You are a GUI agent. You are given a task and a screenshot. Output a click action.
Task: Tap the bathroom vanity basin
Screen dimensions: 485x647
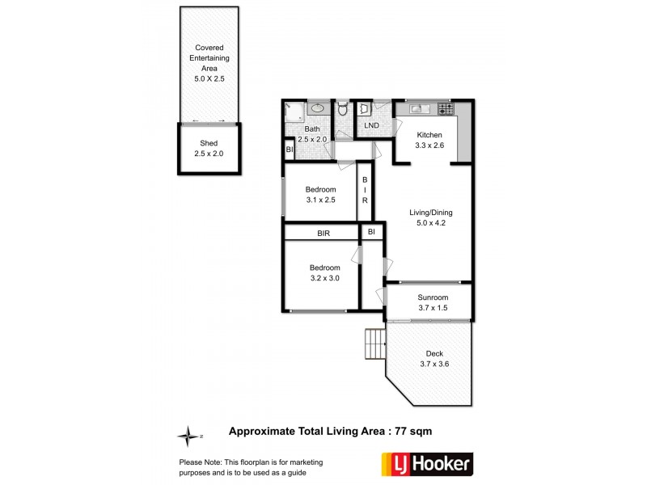[316, 108]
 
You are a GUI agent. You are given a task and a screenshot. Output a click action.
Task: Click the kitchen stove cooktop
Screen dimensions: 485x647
[444, 108]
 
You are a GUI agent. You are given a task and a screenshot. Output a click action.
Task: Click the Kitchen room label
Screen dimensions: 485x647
[429, 134]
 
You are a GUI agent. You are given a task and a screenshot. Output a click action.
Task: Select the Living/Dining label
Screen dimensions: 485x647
[426, 214]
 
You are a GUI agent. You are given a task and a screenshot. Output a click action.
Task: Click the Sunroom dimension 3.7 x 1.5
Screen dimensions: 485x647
[426, 308]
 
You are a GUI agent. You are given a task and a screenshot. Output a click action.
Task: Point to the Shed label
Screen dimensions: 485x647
[209, 144]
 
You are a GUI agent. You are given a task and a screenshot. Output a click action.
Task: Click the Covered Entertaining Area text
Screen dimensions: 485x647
[209, 58]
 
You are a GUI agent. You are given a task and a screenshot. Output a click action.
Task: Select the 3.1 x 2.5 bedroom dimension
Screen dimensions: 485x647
[320, 200]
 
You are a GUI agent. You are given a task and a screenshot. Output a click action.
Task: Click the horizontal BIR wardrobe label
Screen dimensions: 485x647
[321, 233]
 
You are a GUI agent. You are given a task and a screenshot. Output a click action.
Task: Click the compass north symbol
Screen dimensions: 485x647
[188, 436]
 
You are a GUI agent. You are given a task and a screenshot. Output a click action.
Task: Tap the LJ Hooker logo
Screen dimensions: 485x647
[426, 464]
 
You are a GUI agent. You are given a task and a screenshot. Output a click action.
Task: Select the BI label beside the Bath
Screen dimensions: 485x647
[289, 150]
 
